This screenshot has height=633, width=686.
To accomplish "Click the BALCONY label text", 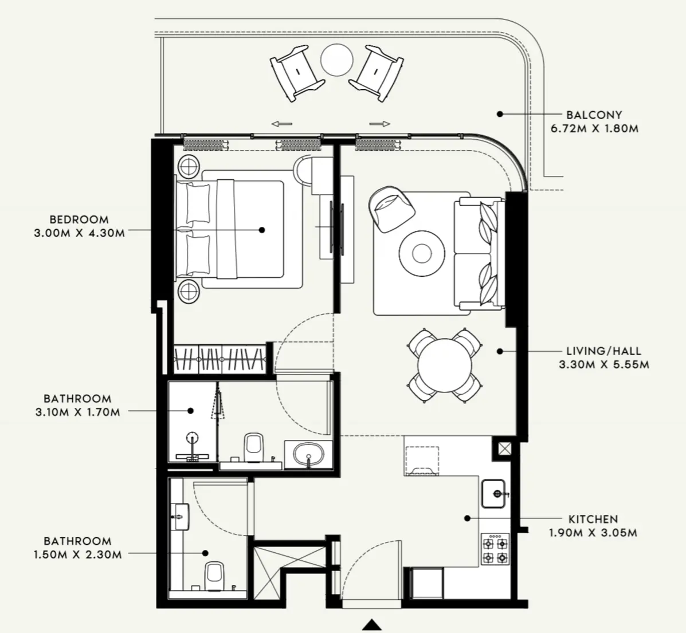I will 594,115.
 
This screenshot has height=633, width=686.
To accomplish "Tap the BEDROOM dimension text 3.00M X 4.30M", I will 80,233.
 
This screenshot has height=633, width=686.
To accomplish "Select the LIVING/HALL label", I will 603,351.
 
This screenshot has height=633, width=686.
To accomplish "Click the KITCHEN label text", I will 593,520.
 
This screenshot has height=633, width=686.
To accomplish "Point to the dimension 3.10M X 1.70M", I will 77,412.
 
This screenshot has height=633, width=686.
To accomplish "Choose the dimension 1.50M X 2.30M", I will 77,555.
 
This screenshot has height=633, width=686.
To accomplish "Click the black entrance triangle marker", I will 373,624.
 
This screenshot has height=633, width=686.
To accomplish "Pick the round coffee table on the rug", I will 422,253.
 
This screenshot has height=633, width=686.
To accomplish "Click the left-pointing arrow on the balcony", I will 281,123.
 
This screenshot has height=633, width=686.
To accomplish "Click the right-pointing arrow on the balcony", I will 379,123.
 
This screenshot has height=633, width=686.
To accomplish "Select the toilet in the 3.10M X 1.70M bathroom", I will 252,447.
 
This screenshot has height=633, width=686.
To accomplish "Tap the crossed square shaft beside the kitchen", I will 503,449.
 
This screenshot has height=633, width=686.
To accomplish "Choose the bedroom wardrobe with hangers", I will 220,359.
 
